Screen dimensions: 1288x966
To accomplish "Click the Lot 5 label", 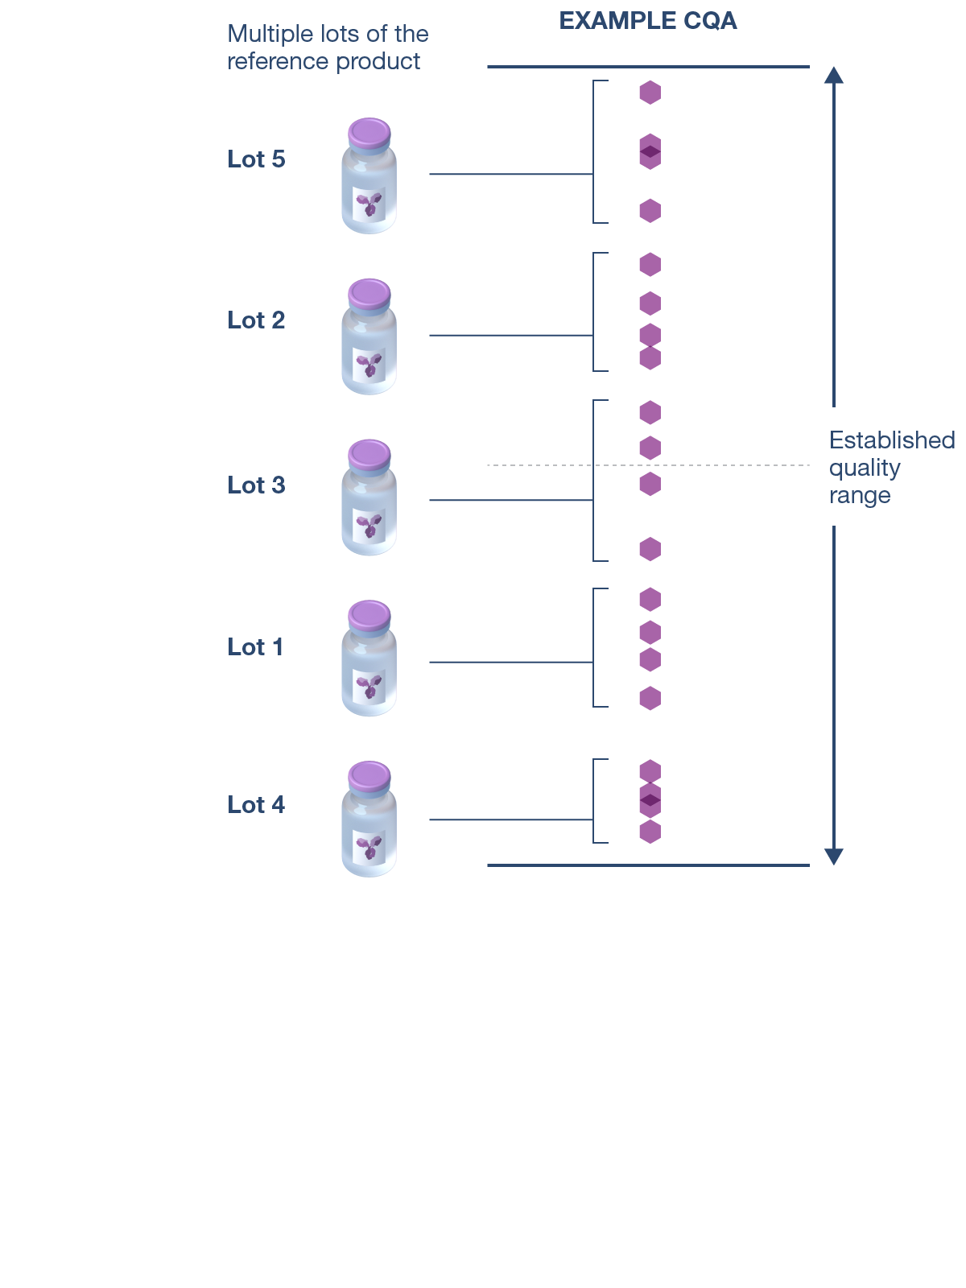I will (x=256, y=159).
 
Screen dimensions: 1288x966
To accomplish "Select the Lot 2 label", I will (x=256, y=320).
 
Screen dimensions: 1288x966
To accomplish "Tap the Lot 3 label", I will (x=256, y=485).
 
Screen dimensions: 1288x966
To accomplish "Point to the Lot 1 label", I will (x=255, y=647).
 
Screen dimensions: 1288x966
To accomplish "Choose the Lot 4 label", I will (x=256, y=805).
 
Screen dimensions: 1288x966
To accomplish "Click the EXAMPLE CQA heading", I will (x=648, y=21).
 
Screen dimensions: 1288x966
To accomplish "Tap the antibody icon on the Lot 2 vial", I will (x=369, y=364).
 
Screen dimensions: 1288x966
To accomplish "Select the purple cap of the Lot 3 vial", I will (x=369, y=454).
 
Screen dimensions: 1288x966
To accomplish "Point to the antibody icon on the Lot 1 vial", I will (x=369, y=686).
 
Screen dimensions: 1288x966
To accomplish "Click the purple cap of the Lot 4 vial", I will (x=369, y=776).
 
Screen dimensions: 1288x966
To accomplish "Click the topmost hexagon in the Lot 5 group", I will (x=650, y=93).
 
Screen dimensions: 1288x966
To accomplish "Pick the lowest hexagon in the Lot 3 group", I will (x=650, y=549).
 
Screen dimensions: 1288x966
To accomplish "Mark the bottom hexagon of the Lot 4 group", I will (x=650, y=832).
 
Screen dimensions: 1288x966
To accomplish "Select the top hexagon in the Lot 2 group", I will (x=650, y=264).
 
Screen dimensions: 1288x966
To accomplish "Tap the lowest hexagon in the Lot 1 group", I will (x=650, y=698).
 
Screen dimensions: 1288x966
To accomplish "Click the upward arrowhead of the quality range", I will (x=834, y=75).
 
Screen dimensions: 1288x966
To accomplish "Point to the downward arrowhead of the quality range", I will (x=834, y=857).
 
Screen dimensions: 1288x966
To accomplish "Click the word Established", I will (x=892, y=440).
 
